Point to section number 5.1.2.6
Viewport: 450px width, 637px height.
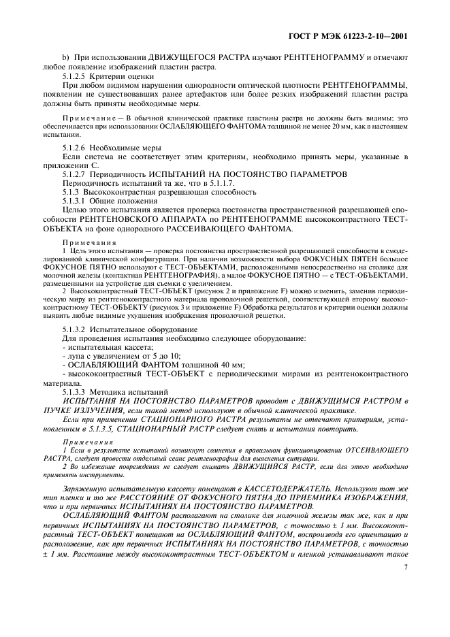coord(76,148)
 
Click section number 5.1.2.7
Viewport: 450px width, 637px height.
coord(76,175)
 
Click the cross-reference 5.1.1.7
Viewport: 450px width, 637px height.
coord(178,184)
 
